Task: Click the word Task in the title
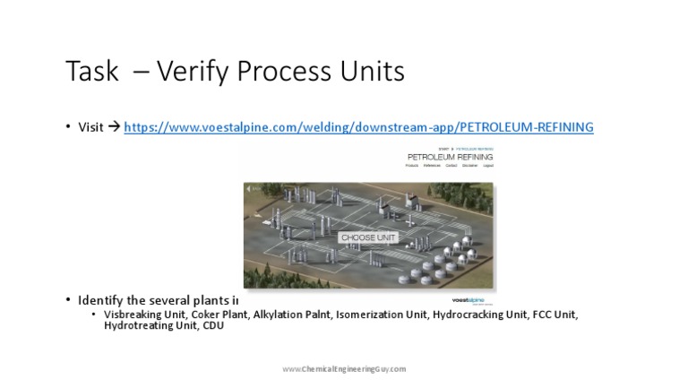(91, 72)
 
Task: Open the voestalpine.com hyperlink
(358, 127)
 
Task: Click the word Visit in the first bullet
(90, 127)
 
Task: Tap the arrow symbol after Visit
(114, 127)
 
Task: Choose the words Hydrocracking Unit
(479, 315)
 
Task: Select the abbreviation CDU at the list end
(213, 326)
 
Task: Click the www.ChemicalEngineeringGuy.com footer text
(344, 368)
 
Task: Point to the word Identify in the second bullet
(101, 300)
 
